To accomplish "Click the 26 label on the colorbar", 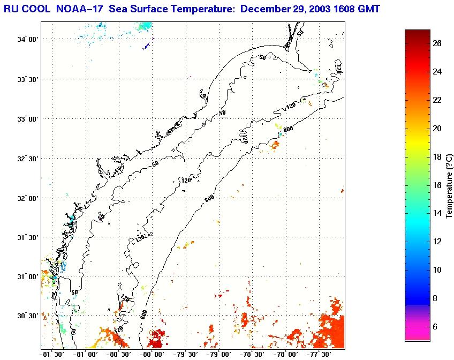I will point(437,44).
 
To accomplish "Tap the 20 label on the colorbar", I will point(437,129).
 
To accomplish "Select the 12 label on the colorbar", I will point(437,242).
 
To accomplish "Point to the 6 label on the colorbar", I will point(437,326).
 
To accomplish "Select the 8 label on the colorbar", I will point(437,298).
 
